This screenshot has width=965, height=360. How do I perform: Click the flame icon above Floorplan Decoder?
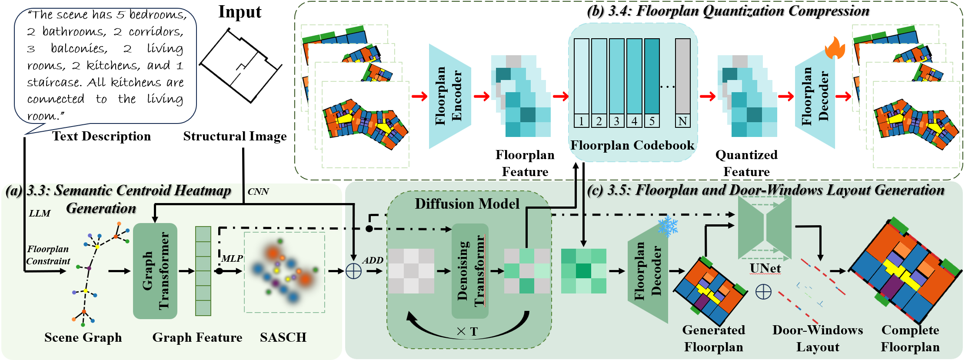tap(835, 48)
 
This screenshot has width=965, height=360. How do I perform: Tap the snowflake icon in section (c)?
tap(668, 226)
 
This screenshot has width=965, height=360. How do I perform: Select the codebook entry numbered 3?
tap(616, 83)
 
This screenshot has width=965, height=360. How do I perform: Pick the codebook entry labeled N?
tap(682, 83)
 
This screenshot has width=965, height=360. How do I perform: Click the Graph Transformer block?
tap(155, 271)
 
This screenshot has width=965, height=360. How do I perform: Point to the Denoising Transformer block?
tap(470, 271)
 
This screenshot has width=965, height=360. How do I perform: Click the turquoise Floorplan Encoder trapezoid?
tap(450, 96)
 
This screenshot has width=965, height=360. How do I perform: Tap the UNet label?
tap(765, 268)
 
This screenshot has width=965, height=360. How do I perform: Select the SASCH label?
tap(283, 337)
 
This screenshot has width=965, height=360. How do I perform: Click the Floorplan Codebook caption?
tap(632, 145)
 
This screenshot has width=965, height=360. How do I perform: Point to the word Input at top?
tap(240, 12)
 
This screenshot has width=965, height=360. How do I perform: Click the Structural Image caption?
tap(235, 137)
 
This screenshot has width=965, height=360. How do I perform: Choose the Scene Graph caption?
tap(83, 337)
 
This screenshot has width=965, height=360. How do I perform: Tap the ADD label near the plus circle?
tap(373, 260)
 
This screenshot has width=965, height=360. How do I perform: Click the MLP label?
tap(232, 259)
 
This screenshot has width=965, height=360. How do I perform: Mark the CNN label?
tap(258, 192)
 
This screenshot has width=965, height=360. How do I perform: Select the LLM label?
tap(40, 213)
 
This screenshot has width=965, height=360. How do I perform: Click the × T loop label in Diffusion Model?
tap(467, 332)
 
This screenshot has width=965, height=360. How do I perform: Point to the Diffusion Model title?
tap(467, 204)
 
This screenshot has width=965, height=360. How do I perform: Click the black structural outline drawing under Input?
tap(240, 65)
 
